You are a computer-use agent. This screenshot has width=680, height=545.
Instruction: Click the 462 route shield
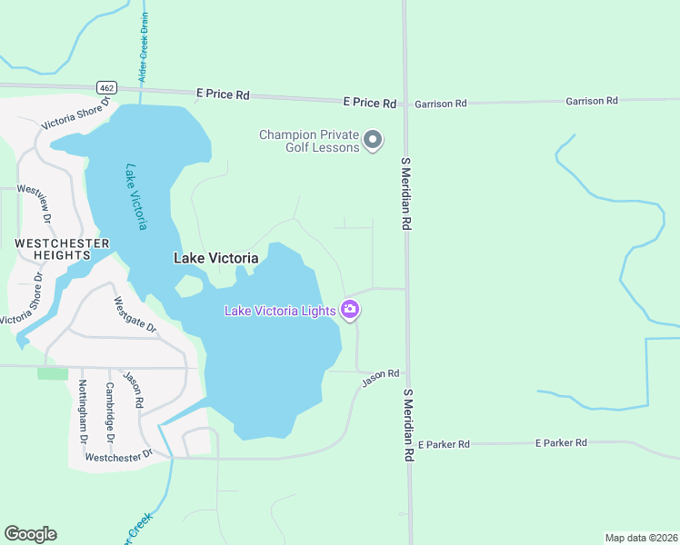click(x=105, y=86)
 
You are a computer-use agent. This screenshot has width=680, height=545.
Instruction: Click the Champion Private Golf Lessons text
click(x=309, y=141)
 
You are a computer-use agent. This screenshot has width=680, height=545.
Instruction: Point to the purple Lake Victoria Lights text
click(x=280, y=311)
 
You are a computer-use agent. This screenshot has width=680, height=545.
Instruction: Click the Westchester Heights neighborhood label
click(x=62, y=250)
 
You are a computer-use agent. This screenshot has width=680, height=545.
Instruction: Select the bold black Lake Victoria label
click(x=215, y=258)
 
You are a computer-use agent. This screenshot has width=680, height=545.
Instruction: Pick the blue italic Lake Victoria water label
click(x=137, y=196)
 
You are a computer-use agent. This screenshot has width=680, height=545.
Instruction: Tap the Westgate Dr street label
click(x=135, y=313)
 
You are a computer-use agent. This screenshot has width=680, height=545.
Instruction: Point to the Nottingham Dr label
click(x=83, y=411)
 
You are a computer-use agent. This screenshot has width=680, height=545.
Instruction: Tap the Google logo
click(x=30, y=534)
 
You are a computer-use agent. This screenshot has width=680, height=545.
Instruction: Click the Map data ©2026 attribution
click(x=641, y=537)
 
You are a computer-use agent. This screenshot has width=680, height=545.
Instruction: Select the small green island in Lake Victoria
click(x=189, y=287)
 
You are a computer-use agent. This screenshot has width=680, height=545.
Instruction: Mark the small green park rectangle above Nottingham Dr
click(x=53, y=373)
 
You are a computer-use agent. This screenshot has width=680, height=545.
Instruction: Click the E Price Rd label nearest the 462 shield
click(x=223, y=94)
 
